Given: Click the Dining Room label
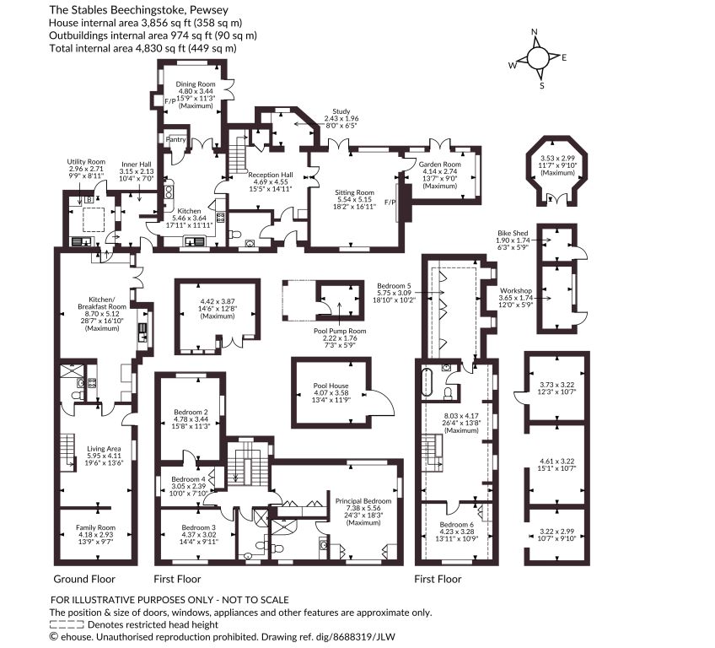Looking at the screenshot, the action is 196,84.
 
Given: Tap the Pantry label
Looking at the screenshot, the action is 175,139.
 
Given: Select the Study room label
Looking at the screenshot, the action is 341,111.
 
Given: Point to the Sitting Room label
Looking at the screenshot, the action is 354,192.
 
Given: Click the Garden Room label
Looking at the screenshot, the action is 439,165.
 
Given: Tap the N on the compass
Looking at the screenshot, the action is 535,32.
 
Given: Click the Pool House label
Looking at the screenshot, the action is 331,386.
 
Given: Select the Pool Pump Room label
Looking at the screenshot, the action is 340,331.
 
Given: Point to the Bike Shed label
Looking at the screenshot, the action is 513,233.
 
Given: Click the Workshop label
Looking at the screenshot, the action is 516,291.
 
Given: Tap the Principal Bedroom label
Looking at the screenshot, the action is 363,501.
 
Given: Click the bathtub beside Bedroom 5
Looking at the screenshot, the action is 427,381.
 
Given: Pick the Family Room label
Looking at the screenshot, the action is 96,527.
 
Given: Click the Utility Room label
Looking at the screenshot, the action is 86,161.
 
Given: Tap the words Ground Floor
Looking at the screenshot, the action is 84,579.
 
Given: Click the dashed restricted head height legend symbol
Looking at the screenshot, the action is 67,624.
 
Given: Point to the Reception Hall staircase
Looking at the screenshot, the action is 237,154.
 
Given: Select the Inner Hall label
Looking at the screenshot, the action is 137,165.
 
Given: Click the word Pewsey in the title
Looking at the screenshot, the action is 212,9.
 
